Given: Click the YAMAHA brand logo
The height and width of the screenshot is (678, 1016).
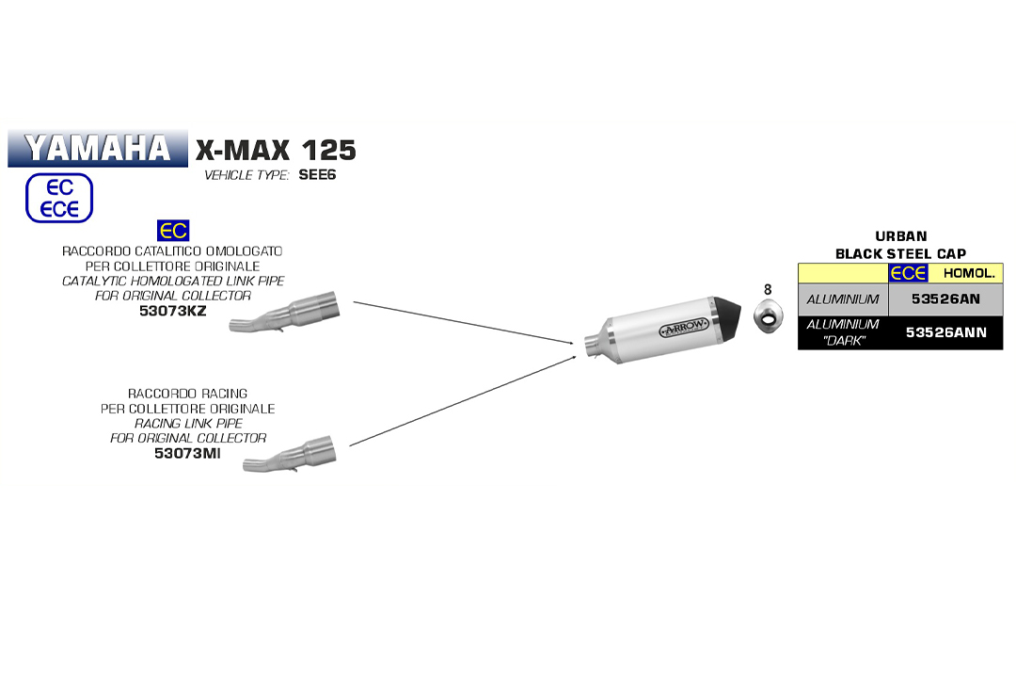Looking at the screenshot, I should coord(97,148).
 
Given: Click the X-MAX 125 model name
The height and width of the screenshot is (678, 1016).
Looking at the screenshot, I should coord(276,150).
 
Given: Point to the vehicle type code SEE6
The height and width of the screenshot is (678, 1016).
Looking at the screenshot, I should coord(317,175).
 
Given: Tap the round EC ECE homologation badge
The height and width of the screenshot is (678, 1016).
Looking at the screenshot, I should coord(58,198).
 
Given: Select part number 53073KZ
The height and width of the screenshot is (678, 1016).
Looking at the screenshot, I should coord(172,310).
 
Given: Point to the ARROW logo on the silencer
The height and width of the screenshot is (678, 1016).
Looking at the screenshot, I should coord(684,329).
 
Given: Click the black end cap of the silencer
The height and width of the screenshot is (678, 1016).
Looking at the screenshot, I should coord(729,315).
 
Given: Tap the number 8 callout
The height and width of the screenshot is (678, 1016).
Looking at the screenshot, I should coord(767,289).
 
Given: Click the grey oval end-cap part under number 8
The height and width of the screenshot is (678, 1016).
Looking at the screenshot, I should coord(769,317).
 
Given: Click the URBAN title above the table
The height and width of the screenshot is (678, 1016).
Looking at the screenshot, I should coord(900,236).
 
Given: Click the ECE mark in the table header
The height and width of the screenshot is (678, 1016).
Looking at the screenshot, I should coord(908,273).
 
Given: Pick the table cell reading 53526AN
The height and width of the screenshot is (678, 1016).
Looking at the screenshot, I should coord(945,299).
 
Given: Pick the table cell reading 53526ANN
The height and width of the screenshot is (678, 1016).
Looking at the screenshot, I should coord(945,332).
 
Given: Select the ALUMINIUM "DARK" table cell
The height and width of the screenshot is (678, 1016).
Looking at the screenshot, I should coord(843,332).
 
